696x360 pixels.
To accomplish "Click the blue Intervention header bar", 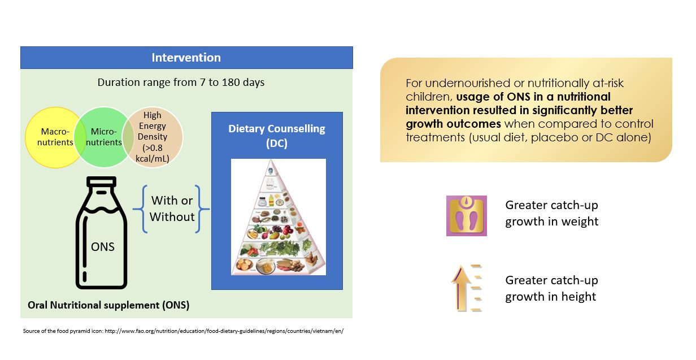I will click(186, 58).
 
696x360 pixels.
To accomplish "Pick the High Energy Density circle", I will click(154, 137).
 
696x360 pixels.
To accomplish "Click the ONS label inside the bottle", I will click(102, 246).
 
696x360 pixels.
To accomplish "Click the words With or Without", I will click(172, 209).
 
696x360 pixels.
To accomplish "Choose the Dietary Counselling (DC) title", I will click(277, 136).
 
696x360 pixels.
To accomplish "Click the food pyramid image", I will click(278, 218).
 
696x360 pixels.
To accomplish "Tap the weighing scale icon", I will click(466, 215).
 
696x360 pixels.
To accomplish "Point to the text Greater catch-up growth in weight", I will click(551, 213).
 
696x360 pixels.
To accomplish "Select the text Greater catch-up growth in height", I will click(551, 288).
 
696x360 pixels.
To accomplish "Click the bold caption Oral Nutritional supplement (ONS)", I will click(108, 305).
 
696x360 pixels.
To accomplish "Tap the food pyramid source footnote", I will click(183, 331).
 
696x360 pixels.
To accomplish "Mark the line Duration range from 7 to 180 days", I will click(181, 82).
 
